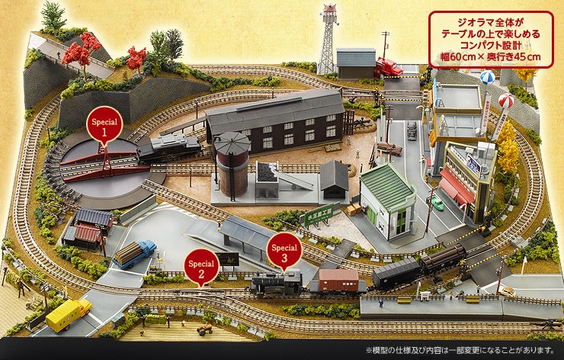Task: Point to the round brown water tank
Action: (232, 163)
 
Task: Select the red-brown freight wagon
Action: (338, 280)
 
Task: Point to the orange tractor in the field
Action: (204, 330)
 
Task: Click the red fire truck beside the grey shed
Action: (389, 67)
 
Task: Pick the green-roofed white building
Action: (386, 200)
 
